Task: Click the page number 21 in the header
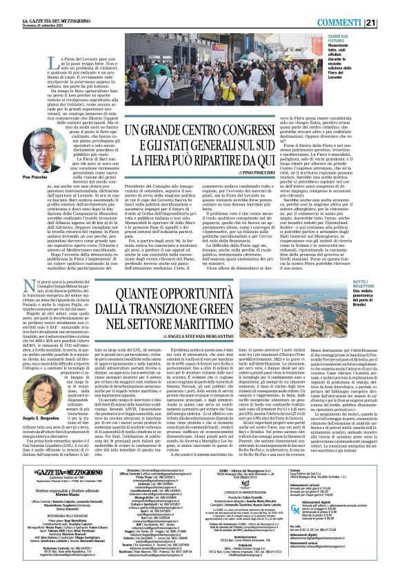390,6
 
